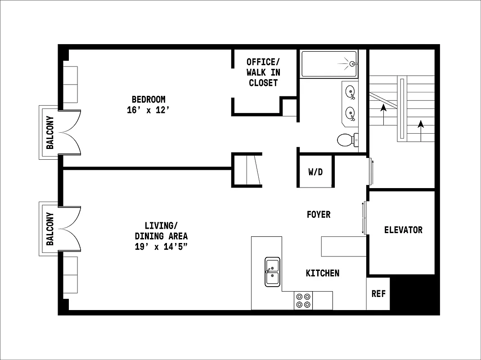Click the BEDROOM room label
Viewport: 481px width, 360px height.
148,99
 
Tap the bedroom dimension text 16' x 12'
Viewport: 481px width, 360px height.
148,110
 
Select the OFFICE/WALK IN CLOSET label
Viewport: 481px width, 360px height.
263,72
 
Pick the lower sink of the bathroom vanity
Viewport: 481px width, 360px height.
350,112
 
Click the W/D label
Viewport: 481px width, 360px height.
315,172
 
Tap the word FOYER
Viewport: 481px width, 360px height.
319,215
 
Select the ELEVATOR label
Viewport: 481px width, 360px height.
403,230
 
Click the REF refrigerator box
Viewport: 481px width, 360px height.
378,294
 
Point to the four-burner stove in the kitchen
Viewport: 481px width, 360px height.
303,301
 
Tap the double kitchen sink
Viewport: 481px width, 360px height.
272,272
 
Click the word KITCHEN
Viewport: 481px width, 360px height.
323,273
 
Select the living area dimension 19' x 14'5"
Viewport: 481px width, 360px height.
161,247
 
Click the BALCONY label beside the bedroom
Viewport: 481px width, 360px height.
50,132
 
